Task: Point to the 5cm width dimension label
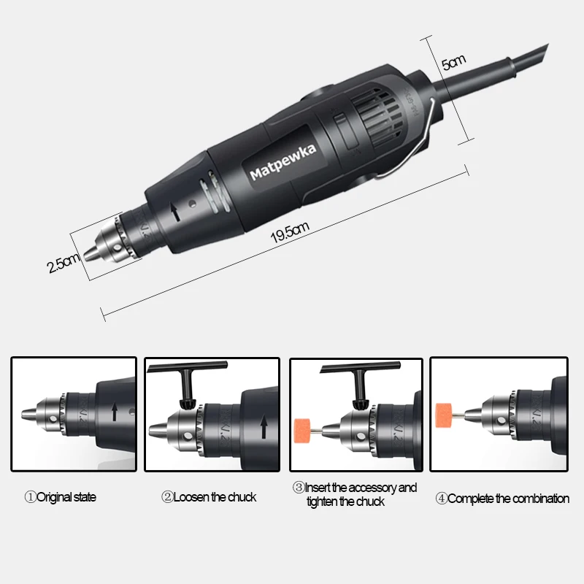tap(454, 64)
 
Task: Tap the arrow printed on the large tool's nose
tap(174, 212)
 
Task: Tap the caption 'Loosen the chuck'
tap(209, 497)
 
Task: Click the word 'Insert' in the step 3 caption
tap(319, 488)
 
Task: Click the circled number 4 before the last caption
tap(441, 499)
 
